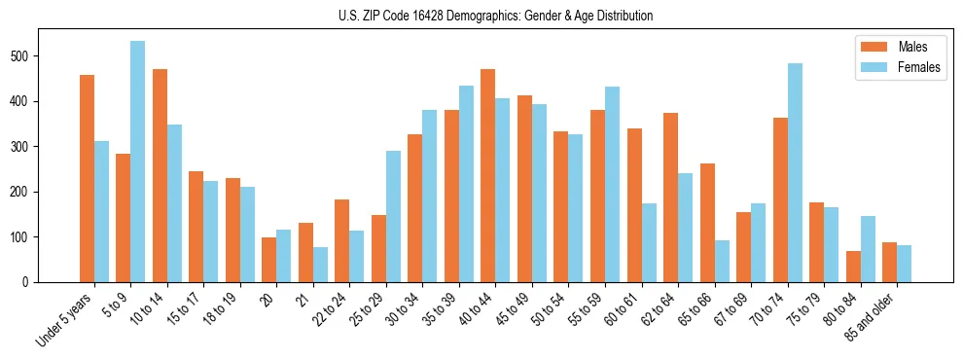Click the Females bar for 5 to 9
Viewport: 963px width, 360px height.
pos(138,162)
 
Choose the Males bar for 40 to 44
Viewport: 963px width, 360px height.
pos(488,175)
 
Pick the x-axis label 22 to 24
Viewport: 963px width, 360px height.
pos(330,307)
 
